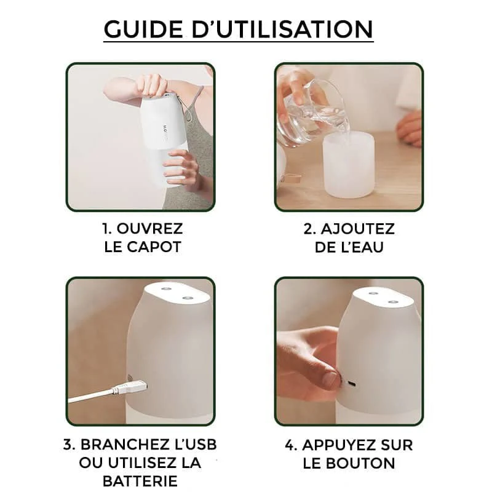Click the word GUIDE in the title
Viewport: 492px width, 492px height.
(143, 29)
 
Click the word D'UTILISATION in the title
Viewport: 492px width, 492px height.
(282, 29)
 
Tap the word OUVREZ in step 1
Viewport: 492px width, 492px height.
(149, 228)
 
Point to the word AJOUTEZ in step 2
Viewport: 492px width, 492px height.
(358, 229)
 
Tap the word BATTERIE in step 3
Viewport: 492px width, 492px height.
(140, 481)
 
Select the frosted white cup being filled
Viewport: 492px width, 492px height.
(349, 165)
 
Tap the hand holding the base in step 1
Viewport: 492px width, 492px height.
(182, 170)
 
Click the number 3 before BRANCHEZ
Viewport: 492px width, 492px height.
(68, 445)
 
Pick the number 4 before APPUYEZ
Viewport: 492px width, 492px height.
(290, 445)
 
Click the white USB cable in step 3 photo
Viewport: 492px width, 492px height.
(91, 395)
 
